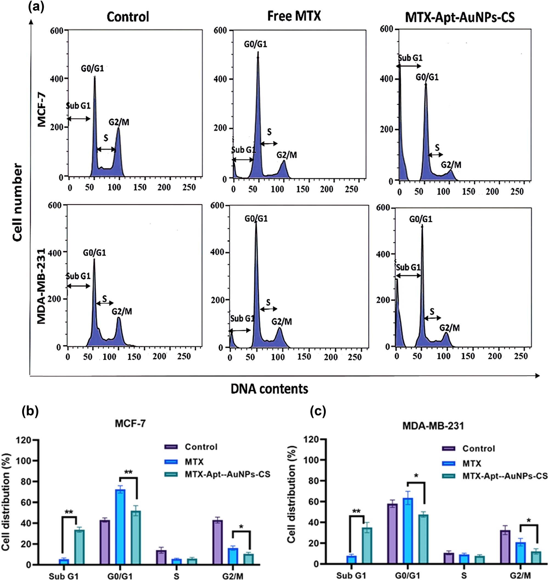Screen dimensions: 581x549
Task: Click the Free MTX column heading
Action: click(294, 16)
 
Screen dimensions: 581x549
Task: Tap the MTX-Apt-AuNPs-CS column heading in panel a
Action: click(460, 18)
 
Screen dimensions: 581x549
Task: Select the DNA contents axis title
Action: click(269, 389)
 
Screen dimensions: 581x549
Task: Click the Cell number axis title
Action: click(18, 202)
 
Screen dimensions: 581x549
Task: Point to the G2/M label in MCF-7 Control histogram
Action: click(119, 122)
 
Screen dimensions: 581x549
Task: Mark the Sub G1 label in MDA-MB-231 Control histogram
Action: click(78, 276)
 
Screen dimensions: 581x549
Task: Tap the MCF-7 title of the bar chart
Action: click(130, 423)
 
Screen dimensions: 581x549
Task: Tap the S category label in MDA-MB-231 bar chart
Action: click(464, 576)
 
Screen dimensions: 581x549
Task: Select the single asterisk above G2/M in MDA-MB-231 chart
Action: click(529, 521)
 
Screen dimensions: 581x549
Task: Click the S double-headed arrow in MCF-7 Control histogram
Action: click(106, 150)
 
